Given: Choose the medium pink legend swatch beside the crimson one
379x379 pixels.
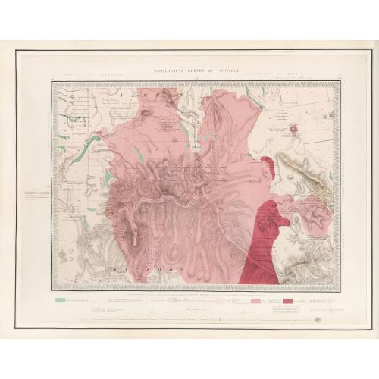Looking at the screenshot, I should click(x=254, y=302).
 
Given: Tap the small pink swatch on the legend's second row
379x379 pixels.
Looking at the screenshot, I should click(x=96, y=310).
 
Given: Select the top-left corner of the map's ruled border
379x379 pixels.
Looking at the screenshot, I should click(x=52, y=81).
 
